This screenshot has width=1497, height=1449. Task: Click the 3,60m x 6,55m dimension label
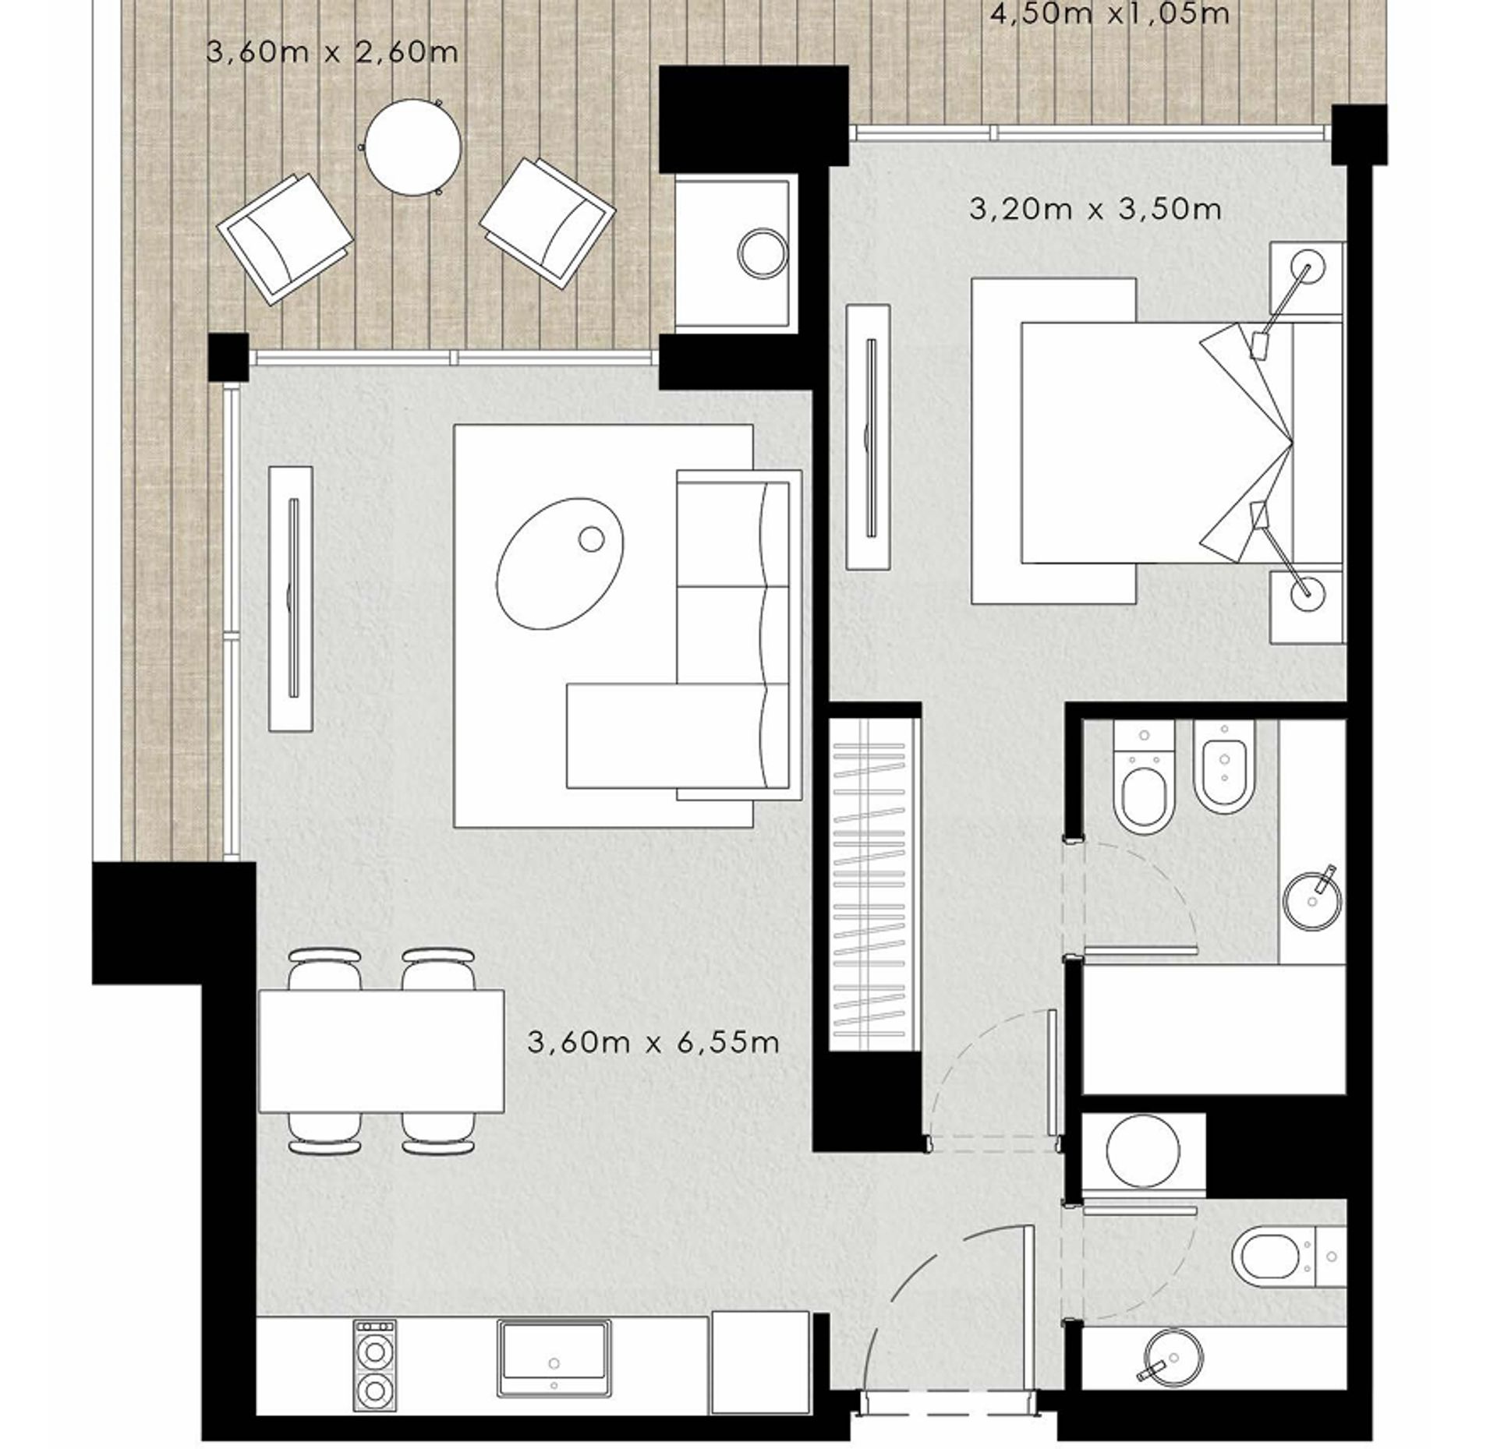pyautogui.click(x=653, y=1043)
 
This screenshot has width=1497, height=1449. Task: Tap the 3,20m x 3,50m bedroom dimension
pyautogui.click(x=1095, y=210)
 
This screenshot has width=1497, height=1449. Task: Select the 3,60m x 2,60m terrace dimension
pyautogui.click(x=332, y=52)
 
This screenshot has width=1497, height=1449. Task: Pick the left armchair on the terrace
pyautogui.click(x=285, y=239)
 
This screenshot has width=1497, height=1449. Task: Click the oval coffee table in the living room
pyautogui.click(x=560, y=563)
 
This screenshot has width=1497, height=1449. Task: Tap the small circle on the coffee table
pyautogui.click(x=592, y=539)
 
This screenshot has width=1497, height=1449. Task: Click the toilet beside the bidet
pyautogui.click(x=1145, y=776)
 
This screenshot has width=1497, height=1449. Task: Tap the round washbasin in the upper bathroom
pyautogui.click(x=1313, y=902)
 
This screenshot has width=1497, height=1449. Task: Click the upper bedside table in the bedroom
pyautogui.click(x=1307, y=279)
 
